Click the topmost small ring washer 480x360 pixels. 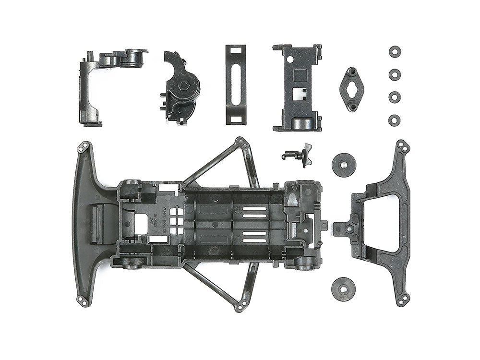point(395,52)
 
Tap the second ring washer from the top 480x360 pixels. point(395,74)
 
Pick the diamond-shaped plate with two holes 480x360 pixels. point(351,89)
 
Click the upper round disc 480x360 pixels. point(344,165)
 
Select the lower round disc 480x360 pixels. point(344,287)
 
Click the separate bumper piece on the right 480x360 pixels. point(384,223)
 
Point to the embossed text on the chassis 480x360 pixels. point(168,211)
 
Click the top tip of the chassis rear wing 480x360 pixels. point(84,146)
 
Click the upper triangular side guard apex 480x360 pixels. point(241,142)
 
